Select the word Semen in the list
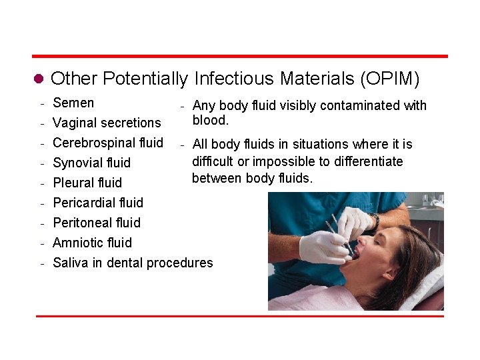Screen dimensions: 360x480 [73, 103]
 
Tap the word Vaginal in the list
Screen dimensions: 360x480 [73, 123]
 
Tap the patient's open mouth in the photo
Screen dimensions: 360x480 [355, 253]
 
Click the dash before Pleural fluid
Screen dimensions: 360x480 [42, 183]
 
